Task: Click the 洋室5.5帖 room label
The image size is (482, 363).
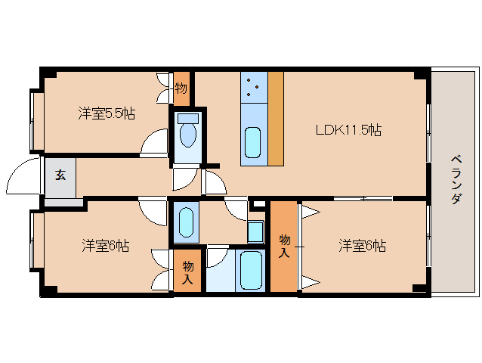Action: (107, 113)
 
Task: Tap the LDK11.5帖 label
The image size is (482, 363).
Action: (348, 129)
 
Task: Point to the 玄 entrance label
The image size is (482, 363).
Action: (60, 175)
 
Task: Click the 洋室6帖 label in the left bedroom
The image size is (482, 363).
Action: (106, 246)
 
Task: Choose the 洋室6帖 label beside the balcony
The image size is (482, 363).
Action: (362, 246)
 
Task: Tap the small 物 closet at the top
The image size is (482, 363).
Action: (181, 88)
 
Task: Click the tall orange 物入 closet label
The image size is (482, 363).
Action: (284, 247)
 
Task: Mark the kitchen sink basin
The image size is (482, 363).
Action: (253, 142)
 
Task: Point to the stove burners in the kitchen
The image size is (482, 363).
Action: (254, 88)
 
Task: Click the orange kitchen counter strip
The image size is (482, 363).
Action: (275, 118)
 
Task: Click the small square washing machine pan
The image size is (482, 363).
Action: (255, 230)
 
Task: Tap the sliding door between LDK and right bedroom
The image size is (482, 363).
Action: (363, 198)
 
